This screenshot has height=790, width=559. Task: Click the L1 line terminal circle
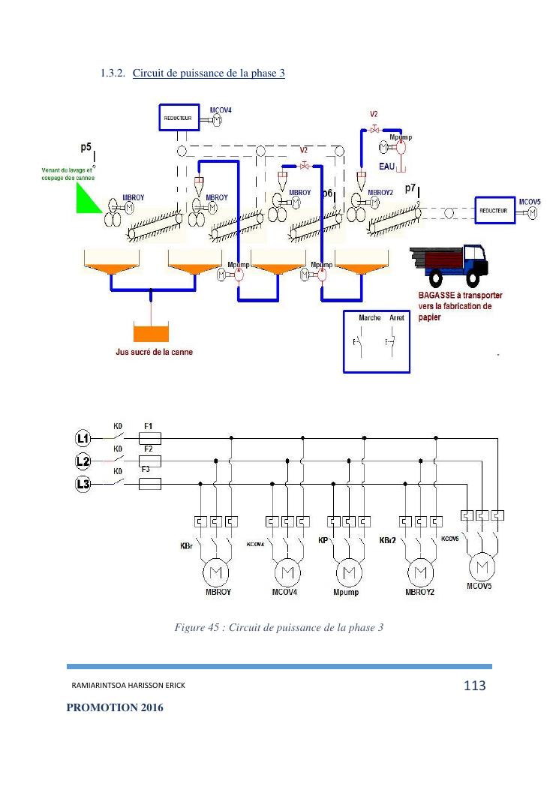pos(83,437)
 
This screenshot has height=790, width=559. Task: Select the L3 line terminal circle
pos(83,485)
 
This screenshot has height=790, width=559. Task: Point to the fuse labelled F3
pos(150,485)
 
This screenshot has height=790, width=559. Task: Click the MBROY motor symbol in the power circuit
pos(218,574)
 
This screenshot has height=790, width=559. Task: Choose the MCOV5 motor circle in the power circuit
pos(483,565)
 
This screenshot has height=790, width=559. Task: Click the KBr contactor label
pos(186,546)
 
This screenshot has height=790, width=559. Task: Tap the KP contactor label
pos(323,540)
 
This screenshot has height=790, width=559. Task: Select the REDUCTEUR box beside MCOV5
pos(493,211)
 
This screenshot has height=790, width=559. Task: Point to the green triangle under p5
pos(87,197)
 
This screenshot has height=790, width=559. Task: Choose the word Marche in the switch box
pos(369,318)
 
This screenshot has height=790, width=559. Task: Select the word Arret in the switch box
pos(397,318)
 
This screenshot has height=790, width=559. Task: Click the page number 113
pos(475,685)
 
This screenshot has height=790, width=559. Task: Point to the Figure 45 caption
pos(278,626)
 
